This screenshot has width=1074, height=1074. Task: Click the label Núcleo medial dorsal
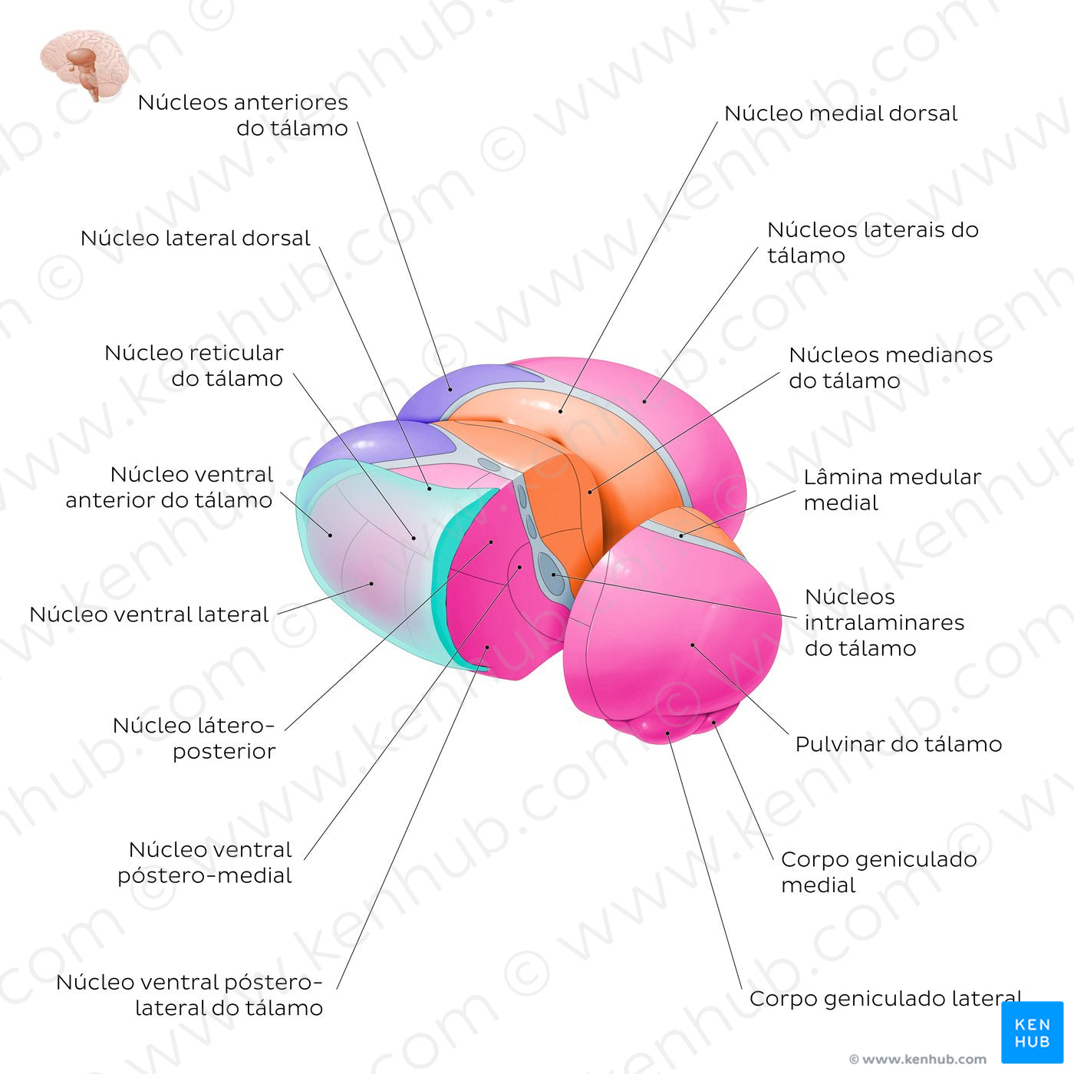(x=841, y=114)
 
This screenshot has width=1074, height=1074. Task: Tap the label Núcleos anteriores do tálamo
(x=242, y=115)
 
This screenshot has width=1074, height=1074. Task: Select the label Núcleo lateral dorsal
(x=195, y=239)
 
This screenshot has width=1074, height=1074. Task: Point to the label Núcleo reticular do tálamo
(x=194, y=365)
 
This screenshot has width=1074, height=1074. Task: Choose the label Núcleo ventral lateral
(x=149, y=614)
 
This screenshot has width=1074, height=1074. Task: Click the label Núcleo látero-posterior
(x=193, y=738)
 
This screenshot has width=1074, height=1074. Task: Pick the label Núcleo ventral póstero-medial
(x=205, y=862)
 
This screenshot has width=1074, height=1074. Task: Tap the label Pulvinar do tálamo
(x=898, y=744)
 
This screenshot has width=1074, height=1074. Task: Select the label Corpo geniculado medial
(x=878, y=871)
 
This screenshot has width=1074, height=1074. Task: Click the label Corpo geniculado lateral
(x=885, y=999)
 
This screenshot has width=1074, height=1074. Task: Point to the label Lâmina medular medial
(x=892, y=489)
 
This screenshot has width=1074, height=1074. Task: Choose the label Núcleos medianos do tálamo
(x=891, y=367)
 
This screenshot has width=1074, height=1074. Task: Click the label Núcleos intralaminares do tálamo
(x=884, y=622)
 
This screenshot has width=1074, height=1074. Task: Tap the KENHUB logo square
(x=1032, y=1032)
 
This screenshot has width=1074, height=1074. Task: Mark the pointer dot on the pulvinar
(x=692, y=645)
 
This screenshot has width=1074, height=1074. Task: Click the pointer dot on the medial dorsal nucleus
(x=561, y=411)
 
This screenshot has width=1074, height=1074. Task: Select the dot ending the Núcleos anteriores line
(x=450, y=388)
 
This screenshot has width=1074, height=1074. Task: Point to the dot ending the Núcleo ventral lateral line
(x=372, y=584)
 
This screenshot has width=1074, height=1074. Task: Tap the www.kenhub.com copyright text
(x=918, y=1059)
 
